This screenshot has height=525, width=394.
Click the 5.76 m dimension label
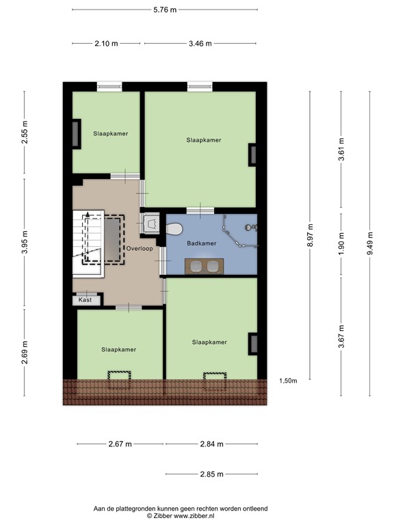pos(164,10)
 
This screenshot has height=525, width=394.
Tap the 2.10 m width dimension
pos(106,43)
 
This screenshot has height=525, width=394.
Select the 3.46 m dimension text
pos(199,43)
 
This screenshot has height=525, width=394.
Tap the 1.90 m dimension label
pos(341,243)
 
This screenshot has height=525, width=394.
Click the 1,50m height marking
pos(288,381)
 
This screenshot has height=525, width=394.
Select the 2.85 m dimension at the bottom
pos(210,474)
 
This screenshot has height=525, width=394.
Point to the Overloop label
pos(139,248)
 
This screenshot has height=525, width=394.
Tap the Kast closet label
pos(85,300)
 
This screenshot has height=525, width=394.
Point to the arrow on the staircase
pos(88,216)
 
